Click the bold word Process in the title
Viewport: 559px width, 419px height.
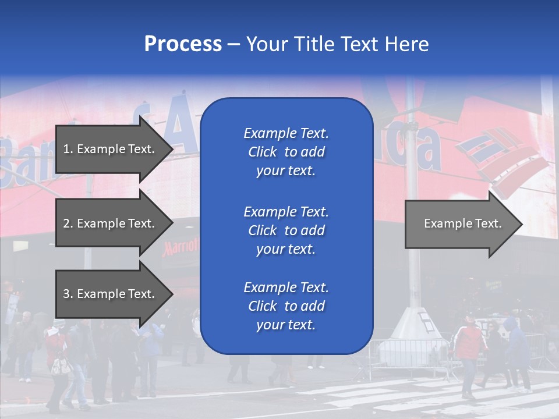pos(183,44)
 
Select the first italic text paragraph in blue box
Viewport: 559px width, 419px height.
pos(286,152)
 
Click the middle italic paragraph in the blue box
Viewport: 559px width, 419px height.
pos(286,230)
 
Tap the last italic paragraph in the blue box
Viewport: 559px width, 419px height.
pos(286,306)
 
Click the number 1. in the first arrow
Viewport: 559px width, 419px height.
pos(68,149)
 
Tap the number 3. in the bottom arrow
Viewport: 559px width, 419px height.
pos(68,294)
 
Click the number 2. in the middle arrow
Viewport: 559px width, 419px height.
pos(68,223)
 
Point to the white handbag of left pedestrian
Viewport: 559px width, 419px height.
pos(59,366)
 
